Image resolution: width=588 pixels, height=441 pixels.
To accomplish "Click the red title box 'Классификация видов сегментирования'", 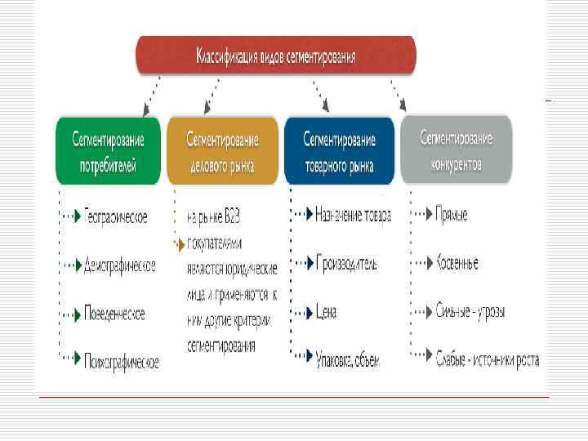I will pyautogui.click(x=276, y=56).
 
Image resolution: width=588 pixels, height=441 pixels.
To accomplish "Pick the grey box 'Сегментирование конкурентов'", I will pyautogui.click(x=456, y=150).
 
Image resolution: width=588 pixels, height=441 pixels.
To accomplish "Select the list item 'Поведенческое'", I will pyautogui.click(x=114, y=314).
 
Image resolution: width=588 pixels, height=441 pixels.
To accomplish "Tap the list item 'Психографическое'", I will pyautogui.click(x=121, y=360).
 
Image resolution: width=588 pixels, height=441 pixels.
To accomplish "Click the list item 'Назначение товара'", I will pyautogui.click(x=353, y=216).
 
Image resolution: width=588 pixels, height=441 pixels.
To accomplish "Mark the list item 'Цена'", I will pyautogui.click(x=326, y=312).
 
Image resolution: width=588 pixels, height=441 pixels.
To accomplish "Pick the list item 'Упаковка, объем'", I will pyautogui.click(x=347, y=359).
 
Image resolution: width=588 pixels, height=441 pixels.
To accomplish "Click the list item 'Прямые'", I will pyautogui.click(x=451, y=215).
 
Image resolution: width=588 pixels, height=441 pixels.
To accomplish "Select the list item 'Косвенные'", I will pyautogui.click(x=457, y=263).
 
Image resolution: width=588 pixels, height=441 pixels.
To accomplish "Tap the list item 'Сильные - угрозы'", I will pyautogui.click(x=470, y=311).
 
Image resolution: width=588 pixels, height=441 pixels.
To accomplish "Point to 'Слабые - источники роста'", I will pyautogui.click(x=487, y=359).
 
